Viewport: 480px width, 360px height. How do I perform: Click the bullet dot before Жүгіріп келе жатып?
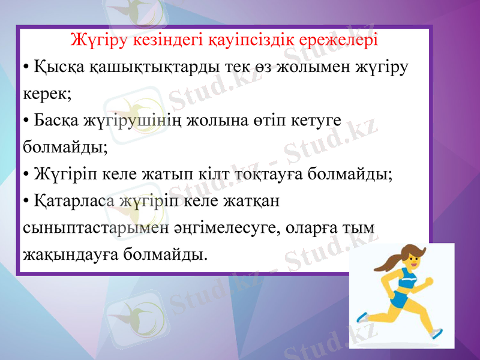tap(26, 175)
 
